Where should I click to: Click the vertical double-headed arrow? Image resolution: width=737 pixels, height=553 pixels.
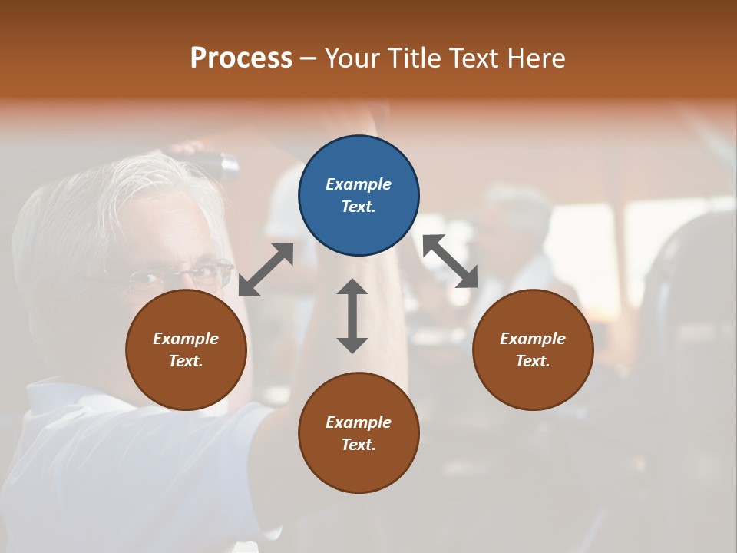click(352, 316)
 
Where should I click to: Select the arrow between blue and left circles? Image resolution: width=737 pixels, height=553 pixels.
click(266, 270)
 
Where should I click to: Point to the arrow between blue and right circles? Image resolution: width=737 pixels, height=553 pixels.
click(451, 262)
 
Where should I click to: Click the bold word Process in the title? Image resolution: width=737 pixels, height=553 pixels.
click(241, 58)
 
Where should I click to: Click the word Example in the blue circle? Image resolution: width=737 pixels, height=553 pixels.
click(359, 184)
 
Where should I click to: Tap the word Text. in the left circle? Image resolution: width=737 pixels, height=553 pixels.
click(186, 361)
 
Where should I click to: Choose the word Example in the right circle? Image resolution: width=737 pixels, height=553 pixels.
click(533, 339)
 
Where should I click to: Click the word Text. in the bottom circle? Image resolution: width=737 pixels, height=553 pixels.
click(359, 445)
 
